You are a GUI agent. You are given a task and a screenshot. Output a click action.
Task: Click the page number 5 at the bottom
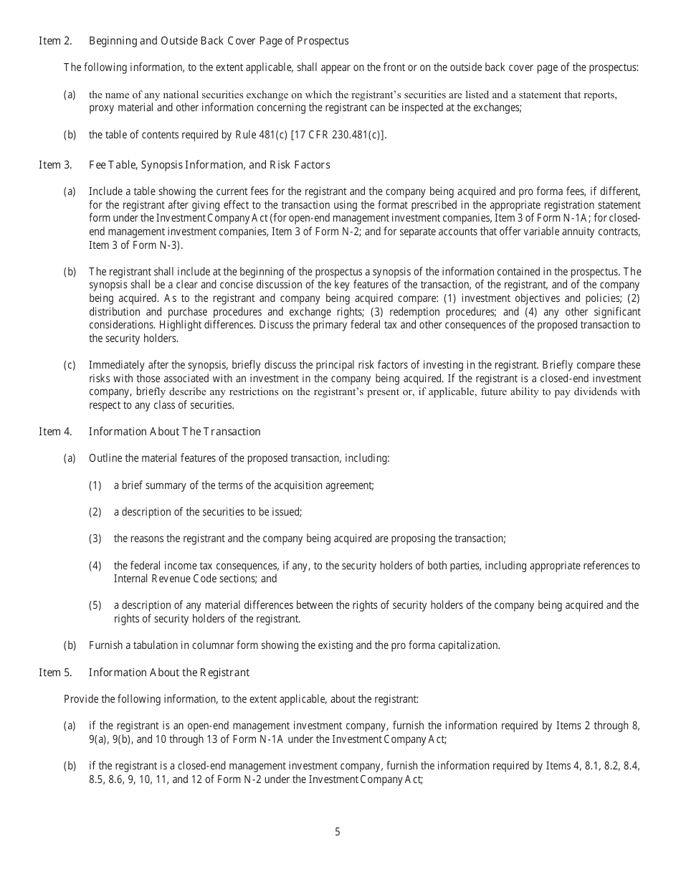tap(338, 832)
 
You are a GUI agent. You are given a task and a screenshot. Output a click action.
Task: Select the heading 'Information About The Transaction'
tap(174, 432)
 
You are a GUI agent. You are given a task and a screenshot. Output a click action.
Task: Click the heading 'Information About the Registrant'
tap(169, 673)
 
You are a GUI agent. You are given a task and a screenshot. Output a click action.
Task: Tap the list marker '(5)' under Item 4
tap(95, 605)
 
